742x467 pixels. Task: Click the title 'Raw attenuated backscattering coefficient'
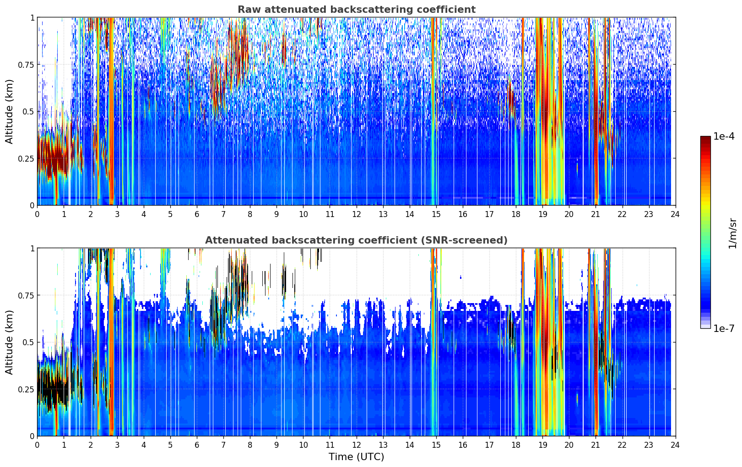pos(356,10)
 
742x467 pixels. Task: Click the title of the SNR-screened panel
pos(356,240)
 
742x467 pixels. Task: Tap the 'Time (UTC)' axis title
pos(356,457)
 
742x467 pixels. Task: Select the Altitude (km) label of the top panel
pos(10,111)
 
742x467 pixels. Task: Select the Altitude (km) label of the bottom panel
pos(10,342)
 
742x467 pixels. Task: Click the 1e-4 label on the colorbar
pos(724,136)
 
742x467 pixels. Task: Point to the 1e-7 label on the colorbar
pos(724,328)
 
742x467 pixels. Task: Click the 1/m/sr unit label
pos(732,233)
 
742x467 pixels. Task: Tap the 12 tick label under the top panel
pos(356,214)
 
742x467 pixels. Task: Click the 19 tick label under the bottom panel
pos(542,445)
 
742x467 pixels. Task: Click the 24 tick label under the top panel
pos(675,214)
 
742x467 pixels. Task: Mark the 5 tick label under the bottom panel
pos(170,445)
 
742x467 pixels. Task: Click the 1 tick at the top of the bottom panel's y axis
pos(32,248)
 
